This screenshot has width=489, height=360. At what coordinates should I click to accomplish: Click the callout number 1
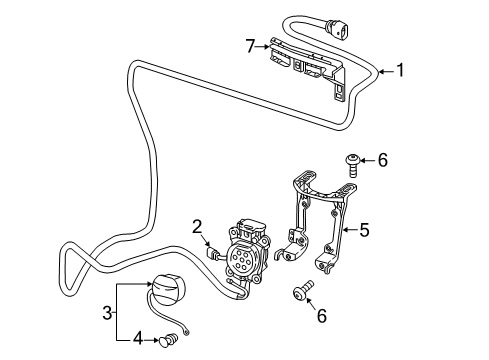click(x=400, y=70)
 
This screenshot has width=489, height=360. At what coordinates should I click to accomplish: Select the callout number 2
click(x=197, y=227)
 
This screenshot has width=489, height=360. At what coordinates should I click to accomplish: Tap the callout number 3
click(x=107, y=313)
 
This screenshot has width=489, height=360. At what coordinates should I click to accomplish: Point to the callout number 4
click(x=138, y=339)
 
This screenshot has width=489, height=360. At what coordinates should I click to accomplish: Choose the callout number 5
click(x=364, y=230)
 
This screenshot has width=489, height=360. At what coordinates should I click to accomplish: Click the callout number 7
click(x=251, y=46)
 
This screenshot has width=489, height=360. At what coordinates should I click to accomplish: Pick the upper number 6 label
click(x=383, y=160)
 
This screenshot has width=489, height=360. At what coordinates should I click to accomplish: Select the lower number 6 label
click(x=322, y=315)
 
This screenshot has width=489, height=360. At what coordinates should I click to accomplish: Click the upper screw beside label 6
click(x=352, y=165)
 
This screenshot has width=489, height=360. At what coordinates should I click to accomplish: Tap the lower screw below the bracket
click(x=303, y=291)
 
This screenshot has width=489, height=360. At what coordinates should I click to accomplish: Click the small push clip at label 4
click(x=169, y=340)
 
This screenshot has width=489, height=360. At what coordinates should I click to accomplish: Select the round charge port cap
click(x=168, y=289)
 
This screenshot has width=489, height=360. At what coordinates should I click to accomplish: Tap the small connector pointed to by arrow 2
click(x=213, y=254)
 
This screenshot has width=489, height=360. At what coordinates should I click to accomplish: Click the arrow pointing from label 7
click(x=262, y=47)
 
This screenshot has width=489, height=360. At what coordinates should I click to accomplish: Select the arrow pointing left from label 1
click(x=386, y=71)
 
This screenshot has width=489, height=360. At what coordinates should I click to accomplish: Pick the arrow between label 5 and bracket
click(x=350, y=230)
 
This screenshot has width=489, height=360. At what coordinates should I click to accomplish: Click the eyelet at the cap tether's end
click(x=186, y=332)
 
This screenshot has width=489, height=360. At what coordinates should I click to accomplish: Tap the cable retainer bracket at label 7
click(x=307, y=67)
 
